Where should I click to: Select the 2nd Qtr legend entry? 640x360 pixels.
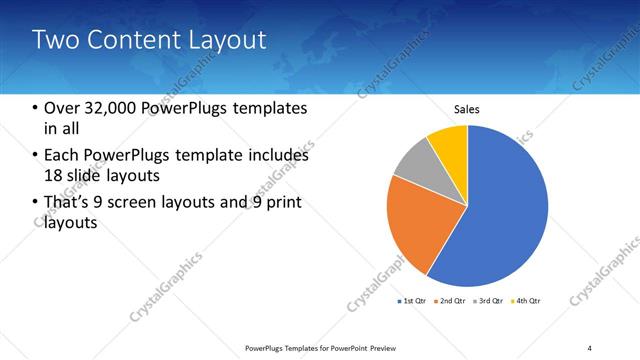(x=453, y=301)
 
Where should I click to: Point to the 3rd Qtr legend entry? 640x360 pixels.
(x=490, y=301)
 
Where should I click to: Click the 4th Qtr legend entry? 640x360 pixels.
(x=527, y=301)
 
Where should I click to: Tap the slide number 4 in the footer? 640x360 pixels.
(x=590, y=347)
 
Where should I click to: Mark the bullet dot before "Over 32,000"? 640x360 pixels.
(x=36, y=108)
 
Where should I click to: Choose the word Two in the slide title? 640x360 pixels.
(x=52, y=41)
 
